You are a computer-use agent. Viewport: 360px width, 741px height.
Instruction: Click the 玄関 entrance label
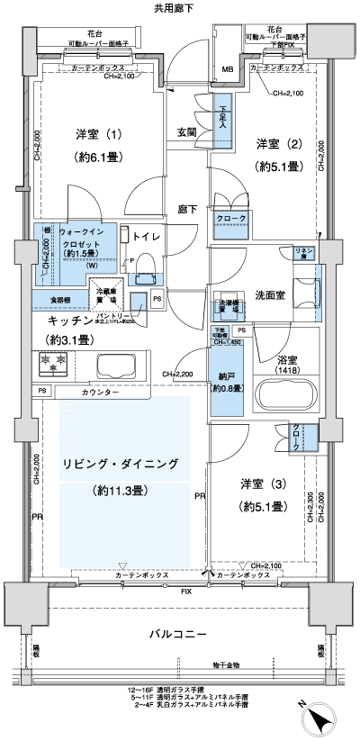186,132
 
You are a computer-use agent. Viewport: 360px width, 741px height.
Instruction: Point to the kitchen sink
114,366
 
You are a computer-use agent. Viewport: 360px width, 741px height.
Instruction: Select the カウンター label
98,393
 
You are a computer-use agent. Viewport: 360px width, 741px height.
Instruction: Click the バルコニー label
176,635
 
